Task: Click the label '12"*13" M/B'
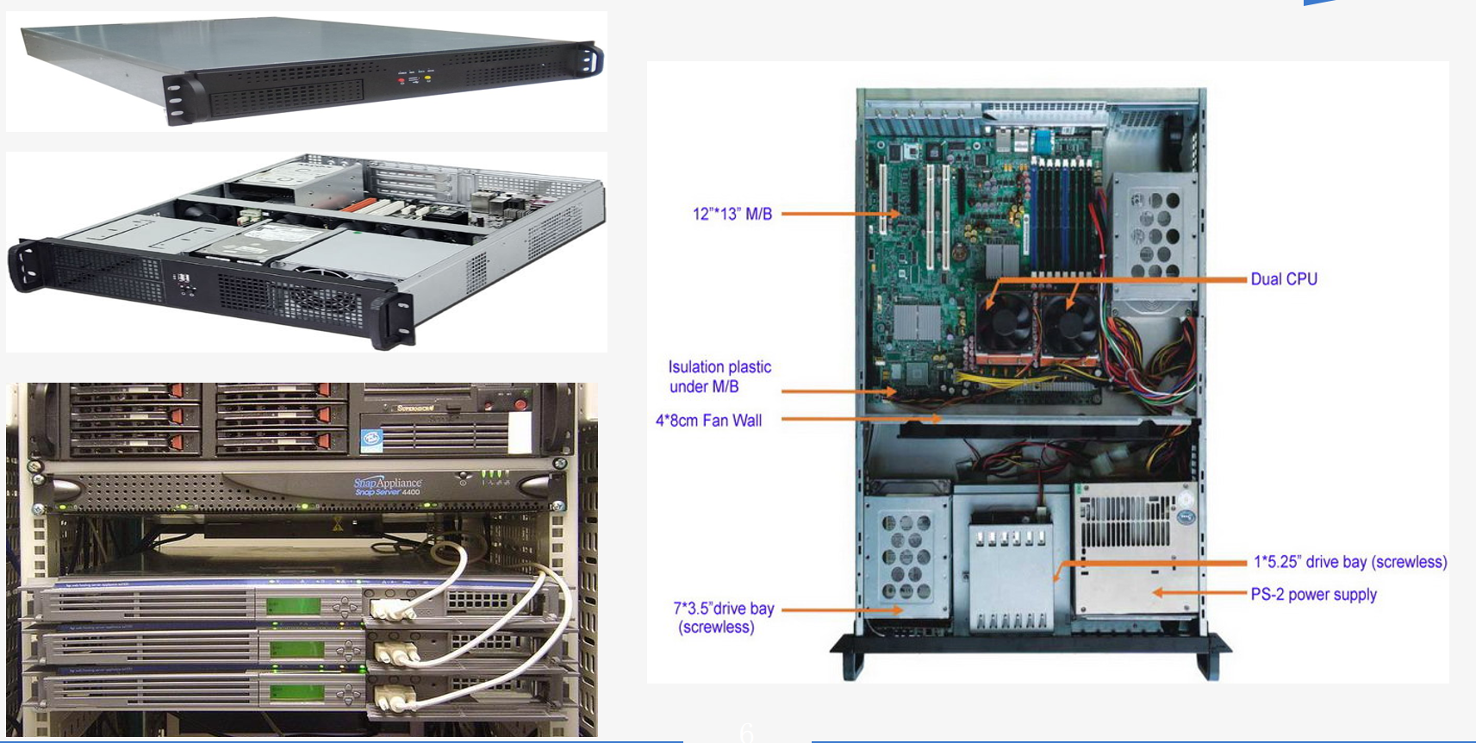pyautogui.click(x=732, y=214)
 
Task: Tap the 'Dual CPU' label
pyautogui.click(x=1283, y=279)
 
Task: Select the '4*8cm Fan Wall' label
pyautogui.click(x=708, y=421)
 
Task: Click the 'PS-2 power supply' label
pyautogui.click(x=1313, y=595)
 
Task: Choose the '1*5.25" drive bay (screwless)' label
pyautogui.click(x=1349, y=562)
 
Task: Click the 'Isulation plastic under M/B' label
pyautogui.click(x=719, y=377)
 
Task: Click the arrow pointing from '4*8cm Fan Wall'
pyautogui.click(x=862, y=420)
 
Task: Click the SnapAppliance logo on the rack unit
pyautogui.click(x=388, y=485)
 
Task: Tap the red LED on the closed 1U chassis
pyautogui.click(x=402, y=80)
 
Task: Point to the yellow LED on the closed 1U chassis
pyautogui.click(x=427, y=78)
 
